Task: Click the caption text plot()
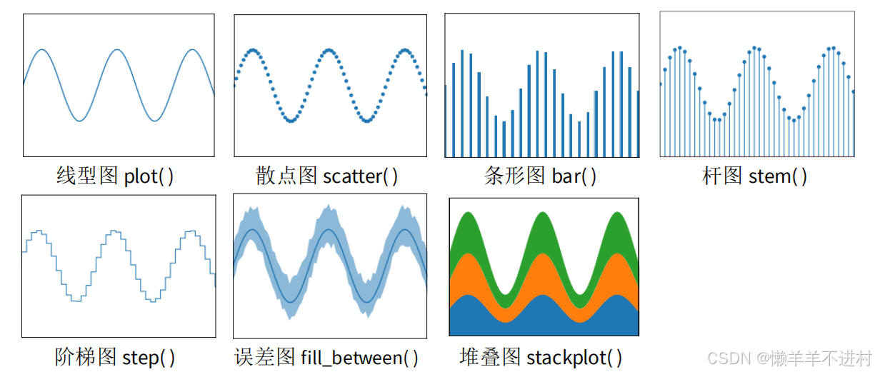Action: pyautogui.click(x=149, y=176)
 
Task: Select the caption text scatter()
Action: pyautogui.click(x=361, y=176)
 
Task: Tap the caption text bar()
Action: pyautogui.click(x=574, y=176)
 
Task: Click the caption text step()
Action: pyautogui.click(x=149, y=357)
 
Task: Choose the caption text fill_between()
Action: pyautogui.click(x=359, y=357)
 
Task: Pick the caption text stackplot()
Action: pyautogui.click(x=574, y=357)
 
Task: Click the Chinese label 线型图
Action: pyautogui.click(x=87, y=176)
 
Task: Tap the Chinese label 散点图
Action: pyautogui.click(x=286, y=176)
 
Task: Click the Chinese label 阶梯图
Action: pyautogui.click(x=86, y=356)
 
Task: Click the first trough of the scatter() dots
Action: pyautogui.click(x=291, y=121)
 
